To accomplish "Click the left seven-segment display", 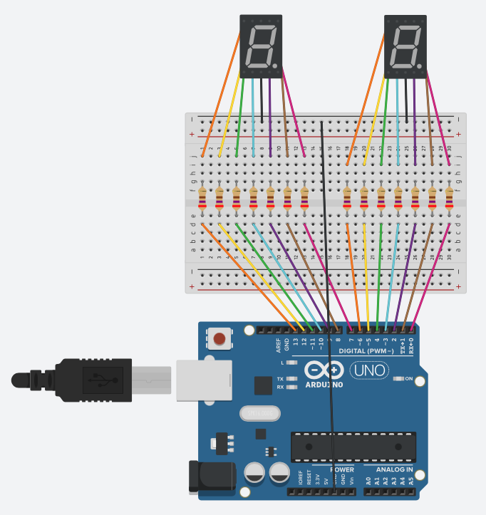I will [x=262, y=47].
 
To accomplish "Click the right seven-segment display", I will [x=406, y=47].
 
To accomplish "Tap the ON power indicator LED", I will [x=398, y=379].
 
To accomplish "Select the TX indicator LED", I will [x=291, y=378].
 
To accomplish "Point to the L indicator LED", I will [x=291, y=363].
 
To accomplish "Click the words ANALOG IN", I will [x=389, y=470].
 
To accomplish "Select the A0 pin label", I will [x=368, y=482].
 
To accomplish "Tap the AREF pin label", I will [x=278, y=345].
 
